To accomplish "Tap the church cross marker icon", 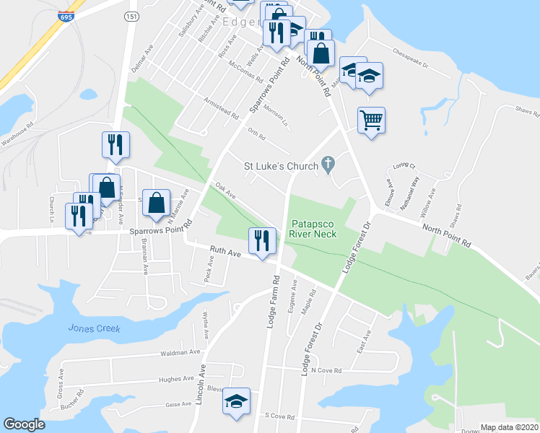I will [328, 165].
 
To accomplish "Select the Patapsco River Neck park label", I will [313, 229].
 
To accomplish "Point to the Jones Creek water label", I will [94, 328].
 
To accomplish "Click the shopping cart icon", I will [371, 120].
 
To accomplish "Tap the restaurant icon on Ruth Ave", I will [262, 240].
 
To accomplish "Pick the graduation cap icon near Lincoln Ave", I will [235, 402].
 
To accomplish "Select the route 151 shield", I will [131, 17].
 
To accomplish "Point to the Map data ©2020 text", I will [510, 427].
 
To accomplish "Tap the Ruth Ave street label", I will [225, 253].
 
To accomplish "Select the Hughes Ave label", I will [177, 378].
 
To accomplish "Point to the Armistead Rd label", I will [221, 110].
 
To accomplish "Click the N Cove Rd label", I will [326, 370].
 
